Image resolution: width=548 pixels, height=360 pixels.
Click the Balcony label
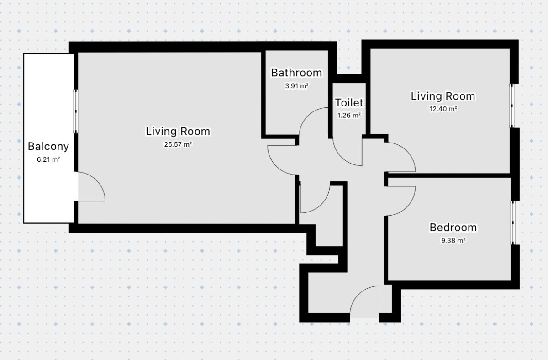[48, 146]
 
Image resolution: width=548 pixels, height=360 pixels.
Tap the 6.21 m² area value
[48, 159]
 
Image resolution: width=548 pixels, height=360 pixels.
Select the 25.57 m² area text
[178, 144]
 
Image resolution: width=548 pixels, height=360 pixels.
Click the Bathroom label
[296, 73]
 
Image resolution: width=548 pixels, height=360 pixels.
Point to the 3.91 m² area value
[296, 86]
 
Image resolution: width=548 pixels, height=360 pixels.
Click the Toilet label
[349, 102]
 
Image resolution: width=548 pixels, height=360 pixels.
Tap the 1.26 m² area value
[349, 115]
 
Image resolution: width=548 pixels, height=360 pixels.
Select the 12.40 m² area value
[443, 109]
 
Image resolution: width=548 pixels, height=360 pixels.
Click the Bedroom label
[453, 228]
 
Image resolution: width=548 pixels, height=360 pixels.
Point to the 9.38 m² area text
[453, 241]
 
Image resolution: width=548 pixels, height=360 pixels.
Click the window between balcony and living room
[76, 111]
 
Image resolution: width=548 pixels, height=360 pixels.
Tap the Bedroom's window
[513, 222]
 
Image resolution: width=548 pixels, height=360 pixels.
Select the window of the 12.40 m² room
[512, 106]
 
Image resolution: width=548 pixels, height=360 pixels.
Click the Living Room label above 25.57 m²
[178, 132]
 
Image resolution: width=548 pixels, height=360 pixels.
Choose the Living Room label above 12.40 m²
[443, 96]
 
